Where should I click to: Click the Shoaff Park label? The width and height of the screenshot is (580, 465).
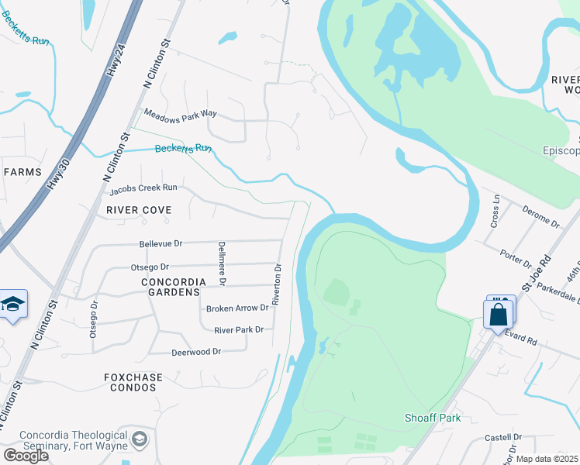433,418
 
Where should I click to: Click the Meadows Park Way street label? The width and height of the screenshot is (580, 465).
181,115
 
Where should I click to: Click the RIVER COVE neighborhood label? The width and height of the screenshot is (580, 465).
139,210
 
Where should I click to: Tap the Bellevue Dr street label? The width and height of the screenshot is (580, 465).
161,243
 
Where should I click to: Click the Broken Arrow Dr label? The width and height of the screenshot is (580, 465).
237,308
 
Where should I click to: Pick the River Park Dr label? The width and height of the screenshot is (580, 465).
239,329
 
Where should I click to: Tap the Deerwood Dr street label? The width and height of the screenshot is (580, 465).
195,351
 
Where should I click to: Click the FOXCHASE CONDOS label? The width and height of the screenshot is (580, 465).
133,382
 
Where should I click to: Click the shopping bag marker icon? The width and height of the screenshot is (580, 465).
498,314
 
